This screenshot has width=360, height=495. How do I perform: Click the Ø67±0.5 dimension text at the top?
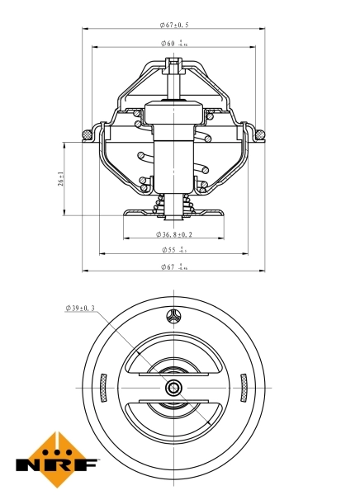(174, 26)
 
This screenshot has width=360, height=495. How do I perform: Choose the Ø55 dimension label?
(173, 249)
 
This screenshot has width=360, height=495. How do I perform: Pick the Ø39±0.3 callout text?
(80, 309)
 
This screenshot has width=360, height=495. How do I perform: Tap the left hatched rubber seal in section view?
(86, 133)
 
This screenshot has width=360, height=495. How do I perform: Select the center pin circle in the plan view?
(173, 388)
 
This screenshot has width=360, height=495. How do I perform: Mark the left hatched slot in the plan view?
(102, 387)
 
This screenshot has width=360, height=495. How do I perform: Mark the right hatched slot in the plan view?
(244, 387)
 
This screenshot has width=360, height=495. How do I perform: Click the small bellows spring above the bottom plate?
(173, 203)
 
